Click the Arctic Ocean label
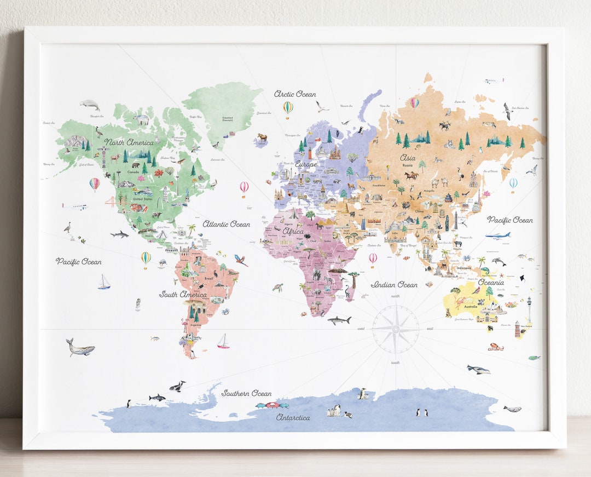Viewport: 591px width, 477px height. (295, 94)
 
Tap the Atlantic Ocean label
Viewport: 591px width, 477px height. (226, 224)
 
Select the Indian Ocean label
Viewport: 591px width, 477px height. (394, 285)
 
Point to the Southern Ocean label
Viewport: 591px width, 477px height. (246, 393)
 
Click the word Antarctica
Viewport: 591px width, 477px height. (293, 417)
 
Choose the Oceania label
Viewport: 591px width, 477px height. (491, 283)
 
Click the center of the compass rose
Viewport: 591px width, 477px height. (395, 329)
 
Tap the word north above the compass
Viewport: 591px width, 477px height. (395, 296)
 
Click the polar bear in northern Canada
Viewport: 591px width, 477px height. (142, 119)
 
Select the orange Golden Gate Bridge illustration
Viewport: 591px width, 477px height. (110, 201)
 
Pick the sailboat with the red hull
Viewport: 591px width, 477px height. (223, 342)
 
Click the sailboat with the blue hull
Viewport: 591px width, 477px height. (104, 283)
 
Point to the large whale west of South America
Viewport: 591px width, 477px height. (80, 348)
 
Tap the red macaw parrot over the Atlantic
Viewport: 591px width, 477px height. (240, 260)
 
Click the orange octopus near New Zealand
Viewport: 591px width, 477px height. (496, 346)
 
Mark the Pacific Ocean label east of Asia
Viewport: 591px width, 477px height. (509, 220)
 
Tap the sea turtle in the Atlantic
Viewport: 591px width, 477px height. (279, 287)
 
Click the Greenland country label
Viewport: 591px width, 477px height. (228, 119)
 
